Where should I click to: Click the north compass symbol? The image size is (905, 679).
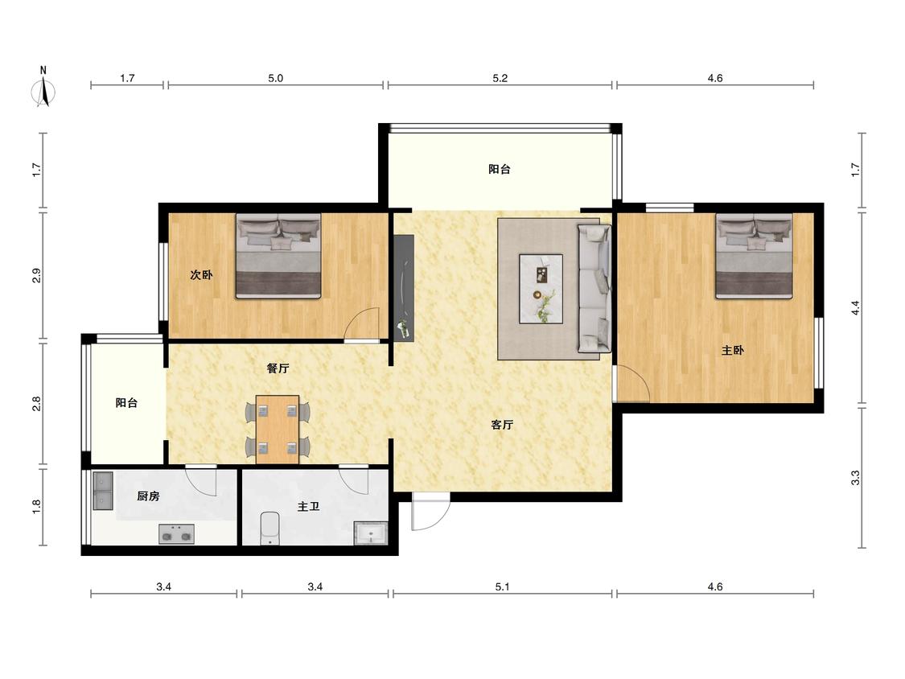[43, 88]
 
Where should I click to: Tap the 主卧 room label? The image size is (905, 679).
[733, 350]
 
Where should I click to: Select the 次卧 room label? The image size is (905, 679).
[201, 275]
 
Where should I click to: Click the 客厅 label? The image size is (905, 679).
[502, 425]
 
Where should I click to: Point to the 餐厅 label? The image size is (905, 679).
[278, 368]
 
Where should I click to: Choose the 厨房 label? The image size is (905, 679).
[148, 496]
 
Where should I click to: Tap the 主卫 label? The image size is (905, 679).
[309, 506]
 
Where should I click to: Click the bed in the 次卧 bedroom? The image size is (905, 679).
[278, 256]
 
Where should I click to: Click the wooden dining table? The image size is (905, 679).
[278, 430]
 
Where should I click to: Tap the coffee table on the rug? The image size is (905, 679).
[541, 289]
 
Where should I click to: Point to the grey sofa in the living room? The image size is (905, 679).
[594, 289]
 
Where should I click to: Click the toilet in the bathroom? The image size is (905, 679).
[269, 529]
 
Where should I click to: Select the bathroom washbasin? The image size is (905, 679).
[370, 533]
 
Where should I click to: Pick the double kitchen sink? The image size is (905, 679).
[103, 492]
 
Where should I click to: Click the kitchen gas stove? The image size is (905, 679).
[177, 534]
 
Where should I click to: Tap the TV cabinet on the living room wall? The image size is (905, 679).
[404, 287]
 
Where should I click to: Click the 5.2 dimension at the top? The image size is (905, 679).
[500, 78]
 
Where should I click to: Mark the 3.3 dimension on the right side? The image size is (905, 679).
[855, 478]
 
